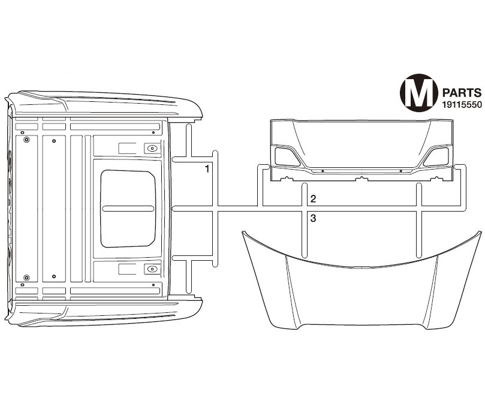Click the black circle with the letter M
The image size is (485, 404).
point(419,93)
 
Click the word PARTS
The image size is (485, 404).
point(462,93)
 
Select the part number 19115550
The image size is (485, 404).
point(462,105)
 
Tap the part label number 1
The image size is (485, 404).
point(207,169)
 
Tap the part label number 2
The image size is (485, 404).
point(313,199)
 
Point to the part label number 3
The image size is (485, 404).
point(313,218)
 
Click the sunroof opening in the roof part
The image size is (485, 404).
point(128,209)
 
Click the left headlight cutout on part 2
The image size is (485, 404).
point(287,156)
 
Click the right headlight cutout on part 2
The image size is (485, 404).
point(436,156)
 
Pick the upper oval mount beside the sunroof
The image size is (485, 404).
point(152,149)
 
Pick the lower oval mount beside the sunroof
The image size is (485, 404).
point(152,269)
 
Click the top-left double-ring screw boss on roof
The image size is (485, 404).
point(26,140)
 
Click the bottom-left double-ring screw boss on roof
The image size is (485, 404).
point(26,277)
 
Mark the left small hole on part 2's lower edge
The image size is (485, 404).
point(323,171)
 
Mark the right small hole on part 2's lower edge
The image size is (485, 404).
point(400,171)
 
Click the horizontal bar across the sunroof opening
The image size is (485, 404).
point(128,209)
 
